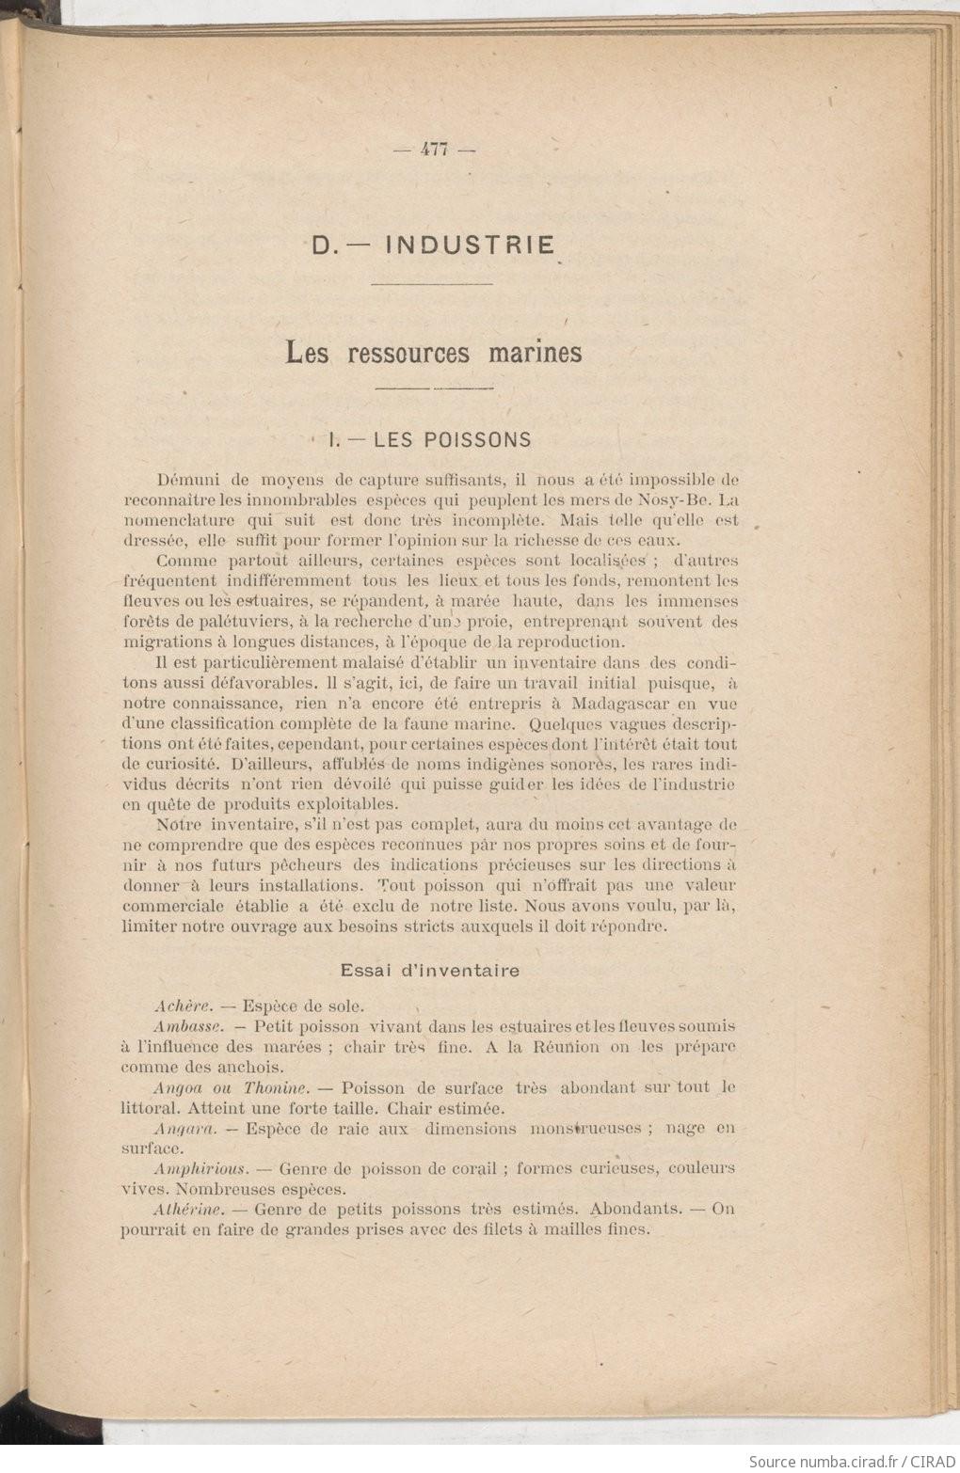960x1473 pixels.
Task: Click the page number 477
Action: (x=434, y=148)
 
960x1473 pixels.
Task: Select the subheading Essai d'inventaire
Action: (x=429, y=970)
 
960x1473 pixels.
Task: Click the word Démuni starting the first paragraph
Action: (x=190, y=479)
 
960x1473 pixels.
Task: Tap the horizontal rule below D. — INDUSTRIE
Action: (x=432, y=283)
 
